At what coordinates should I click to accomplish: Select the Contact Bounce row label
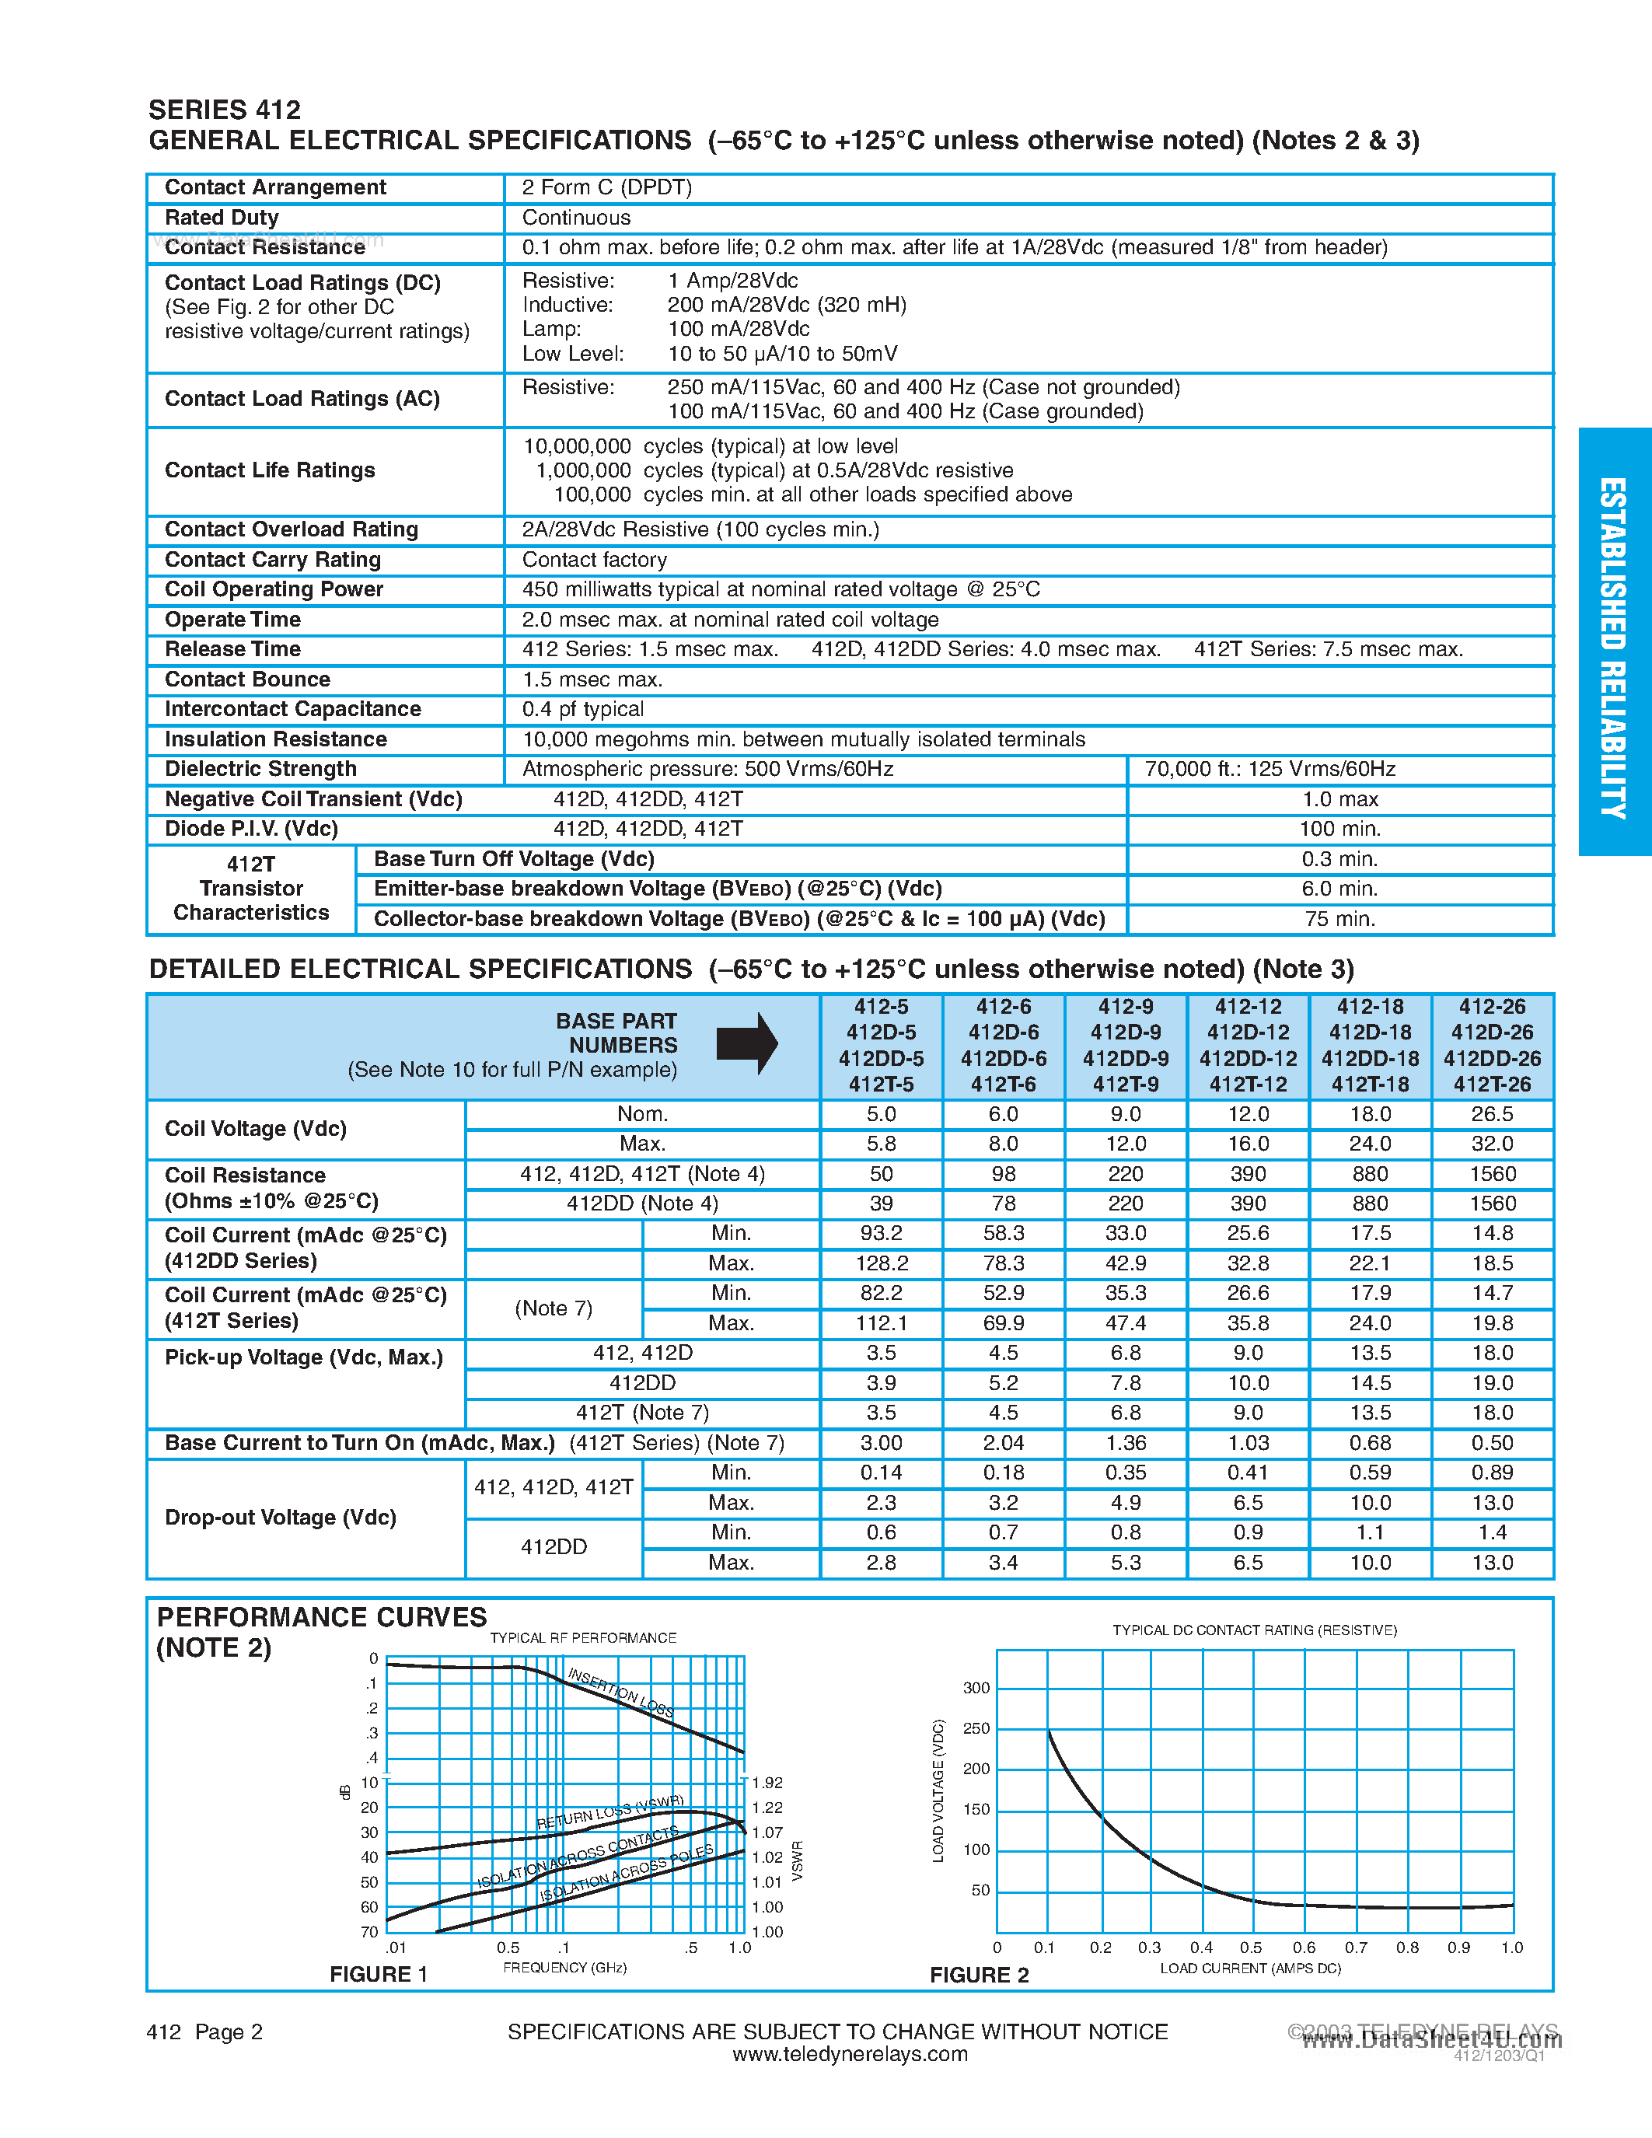click(246, 679)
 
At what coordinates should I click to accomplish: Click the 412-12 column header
click(1248, 1006)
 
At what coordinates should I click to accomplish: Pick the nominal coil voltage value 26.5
click(1492, 1114)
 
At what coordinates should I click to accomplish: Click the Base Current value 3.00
click(881, 1443)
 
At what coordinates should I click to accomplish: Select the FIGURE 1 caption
click(378, 1975)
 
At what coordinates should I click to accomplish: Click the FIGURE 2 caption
click(979, 1976)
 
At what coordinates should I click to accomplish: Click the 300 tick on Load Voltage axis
click(976, 1689)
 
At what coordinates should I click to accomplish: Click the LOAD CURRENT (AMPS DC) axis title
click(1250, 1969)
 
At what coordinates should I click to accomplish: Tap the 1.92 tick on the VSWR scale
click(767, 1783)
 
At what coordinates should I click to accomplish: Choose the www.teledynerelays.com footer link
click(850, 2055)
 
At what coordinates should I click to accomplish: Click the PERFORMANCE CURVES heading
click(321, 1617)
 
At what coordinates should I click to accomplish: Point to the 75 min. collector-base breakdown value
click(1339, 919)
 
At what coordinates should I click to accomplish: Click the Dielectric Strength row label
click(260, 770)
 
